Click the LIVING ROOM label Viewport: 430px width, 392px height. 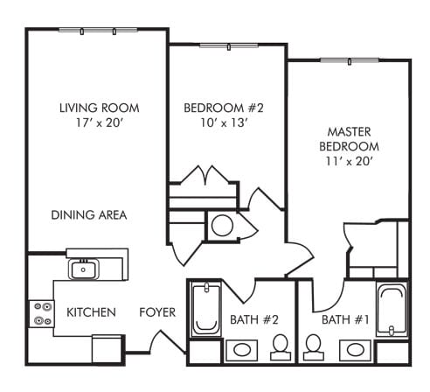[99, 108]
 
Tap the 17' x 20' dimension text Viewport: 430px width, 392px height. [99, 123]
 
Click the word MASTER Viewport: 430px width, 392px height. [349, 130]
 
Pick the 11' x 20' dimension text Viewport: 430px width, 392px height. [349, 162]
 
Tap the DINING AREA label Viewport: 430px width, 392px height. [88, 214]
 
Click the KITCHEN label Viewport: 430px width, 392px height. [91, 312]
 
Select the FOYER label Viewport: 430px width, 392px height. [157, 312]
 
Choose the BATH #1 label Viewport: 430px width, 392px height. [341, 318]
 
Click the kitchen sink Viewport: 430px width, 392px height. [85, 269]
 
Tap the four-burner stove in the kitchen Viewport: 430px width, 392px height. [41, 313]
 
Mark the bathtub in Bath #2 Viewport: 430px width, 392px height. [205, 310]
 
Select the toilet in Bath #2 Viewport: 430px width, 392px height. [281, 347]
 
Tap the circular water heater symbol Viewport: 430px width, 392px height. [222, 226]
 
